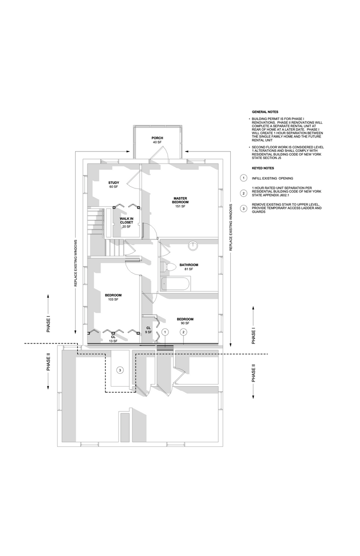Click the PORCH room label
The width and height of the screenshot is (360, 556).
click(157, 140)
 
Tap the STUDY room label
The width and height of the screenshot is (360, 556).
click(113, 185)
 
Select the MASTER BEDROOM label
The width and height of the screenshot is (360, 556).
click(180, 202)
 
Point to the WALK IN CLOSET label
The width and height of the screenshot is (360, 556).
click(126, 222)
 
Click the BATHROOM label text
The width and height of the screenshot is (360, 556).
click(188, 267)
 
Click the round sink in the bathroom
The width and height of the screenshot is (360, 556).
click(193, 246)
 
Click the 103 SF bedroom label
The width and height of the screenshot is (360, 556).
click(113, 297)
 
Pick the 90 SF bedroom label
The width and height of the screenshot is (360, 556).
click(185, 321)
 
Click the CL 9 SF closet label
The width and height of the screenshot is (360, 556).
click(148, 330)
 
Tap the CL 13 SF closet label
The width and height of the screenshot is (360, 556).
click(113, 339)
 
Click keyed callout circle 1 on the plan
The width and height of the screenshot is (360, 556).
click(165, 332)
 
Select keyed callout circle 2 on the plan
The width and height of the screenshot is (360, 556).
click(183, 332)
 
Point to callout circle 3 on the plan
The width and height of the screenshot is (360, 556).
click(120, 370)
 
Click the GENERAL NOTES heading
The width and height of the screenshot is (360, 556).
click(265, 112)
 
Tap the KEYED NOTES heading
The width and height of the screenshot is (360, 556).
click(263, 168)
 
